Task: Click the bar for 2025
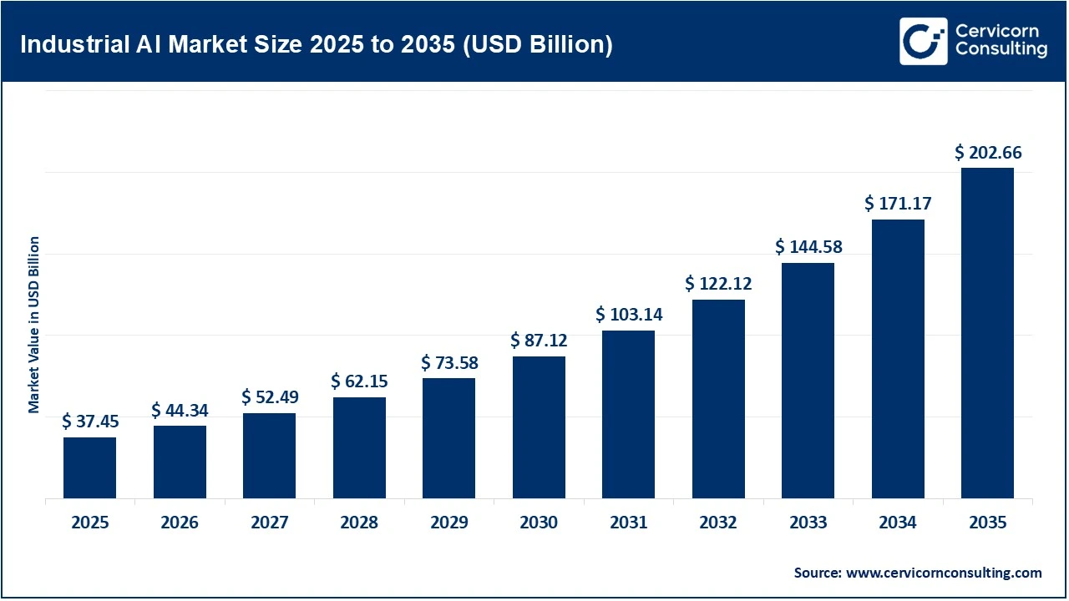pos(89,467)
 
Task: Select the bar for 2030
pos(539,427)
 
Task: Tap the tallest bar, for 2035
pos(987,333)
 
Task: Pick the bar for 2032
pos(718,399)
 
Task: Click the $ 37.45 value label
pos(89,422)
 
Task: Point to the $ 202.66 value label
pos(987,153)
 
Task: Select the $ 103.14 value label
pos(628,315)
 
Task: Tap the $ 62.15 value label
pos(359,381)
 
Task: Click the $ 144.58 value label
pos(808,247)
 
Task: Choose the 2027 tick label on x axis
pos(269,523)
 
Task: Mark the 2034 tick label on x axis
pos(898,523)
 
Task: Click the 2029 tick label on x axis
pos(448,523)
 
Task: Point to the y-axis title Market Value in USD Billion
pos(34,325)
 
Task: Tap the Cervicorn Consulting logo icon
pos(923,41)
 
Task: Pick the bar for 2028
pos(359,448)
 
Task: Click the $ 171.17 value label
pos(898,203)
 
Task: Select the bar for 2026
pos(180,462)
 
